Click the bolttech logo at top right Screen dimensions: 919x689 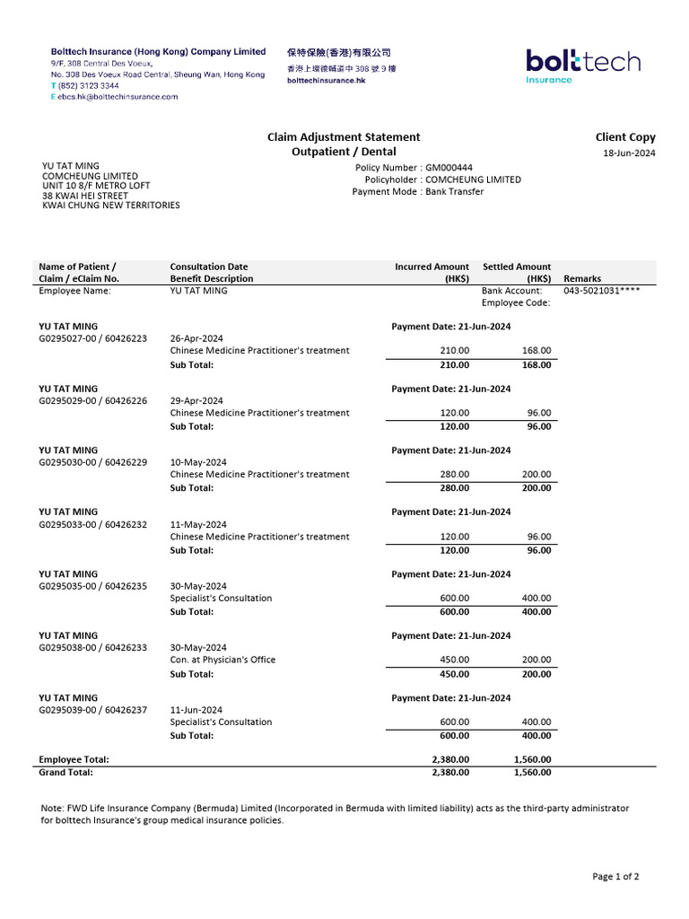[x=582, y=66]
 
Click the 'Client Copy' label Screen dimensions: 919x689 [x=625, y=137]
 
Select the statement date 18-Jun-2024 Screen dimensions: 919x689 [x=629, y=153]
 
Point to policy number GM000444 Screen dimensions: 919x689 [x=449, y=168]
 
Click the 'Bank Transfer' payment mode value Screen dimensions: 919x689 [x=454, y=191]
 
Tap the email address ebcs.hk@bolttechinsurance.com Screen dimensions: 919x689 [x=118, y=96]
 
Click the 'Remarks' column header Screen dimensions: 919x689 [x=582, y=278]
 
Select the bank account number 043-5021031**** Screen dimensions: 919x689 [x=601, y=291]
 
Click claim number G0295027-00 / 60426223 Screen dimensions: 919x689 [x=92, y=338]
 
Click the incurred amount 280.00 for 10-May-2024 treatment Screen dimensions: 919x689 [x=454, y=474]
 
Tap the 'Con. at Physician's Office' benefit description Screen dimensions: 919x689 [x=222, y=660]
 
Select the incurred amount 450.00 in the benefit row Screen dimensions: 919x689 [x=454, y=660]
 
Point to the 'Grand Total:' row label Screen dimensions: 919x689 [x=66, y=772]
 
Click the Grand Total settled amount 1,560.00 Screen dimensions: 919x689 [x=532, y=772]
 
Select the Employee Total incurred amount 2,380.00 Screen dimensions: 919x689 [x=450, y=759]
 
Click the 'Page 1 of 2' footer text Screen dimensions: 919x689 [x=615, y=876]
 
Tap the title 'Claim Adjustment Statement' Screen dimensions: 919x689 [x=344, y=137]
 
